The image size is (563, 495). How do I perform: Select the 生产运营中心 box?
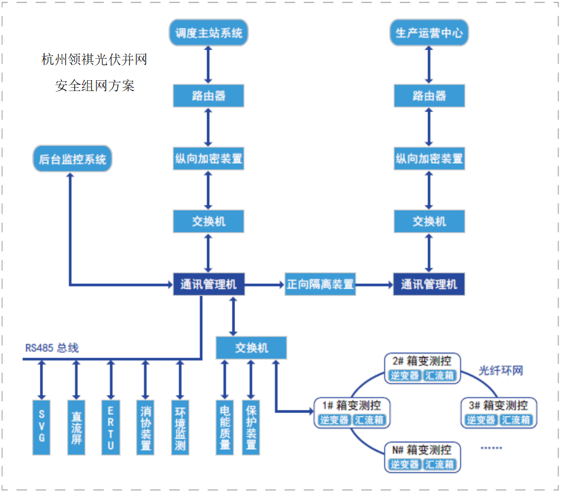(x=429, y=33)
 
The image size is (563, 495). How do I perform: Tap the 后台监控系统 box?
(x=72, y=159)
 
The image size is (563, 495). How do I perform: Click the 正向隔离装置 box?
(x=320, y=284)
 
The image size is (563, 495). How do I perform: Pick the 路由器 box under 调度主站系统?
(x=209, y=96)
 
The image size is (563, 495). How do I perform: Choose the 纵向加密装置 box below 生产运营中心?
(x=429, y=159)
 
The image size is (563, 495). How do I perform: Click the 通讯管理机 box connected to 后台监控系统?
(x=209, y=284)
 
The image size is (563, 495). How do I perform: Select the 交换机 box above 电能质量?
(x=251, y=348)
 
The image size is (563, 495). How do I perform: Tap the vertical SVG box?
(x=41, y=427)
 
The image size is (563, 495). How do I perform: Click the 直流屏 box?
(x=76, y=427)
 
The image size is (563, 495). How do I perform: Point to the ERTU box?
(x=111, y=427)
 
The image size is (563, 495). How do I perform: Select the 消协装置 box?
(x=145, y=427)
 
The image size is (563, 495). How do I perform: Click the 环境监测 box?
(x=180, y=427)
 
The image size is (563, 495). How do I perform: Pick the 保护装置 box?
(x=251, y=427)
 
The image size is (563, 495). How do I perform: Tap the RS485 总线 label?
(x=52, y=348)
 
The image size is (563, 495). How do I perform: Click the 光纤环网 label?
(x=501, y=371)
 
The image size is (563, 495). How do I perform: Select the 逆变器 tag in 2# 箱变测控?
(x=404, y=375)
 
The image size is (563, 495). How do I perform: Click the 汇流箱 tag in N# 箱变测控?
(x=440, y=464)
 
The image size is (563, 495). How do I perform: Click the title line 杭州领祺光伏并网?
(x=94, y=60)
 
